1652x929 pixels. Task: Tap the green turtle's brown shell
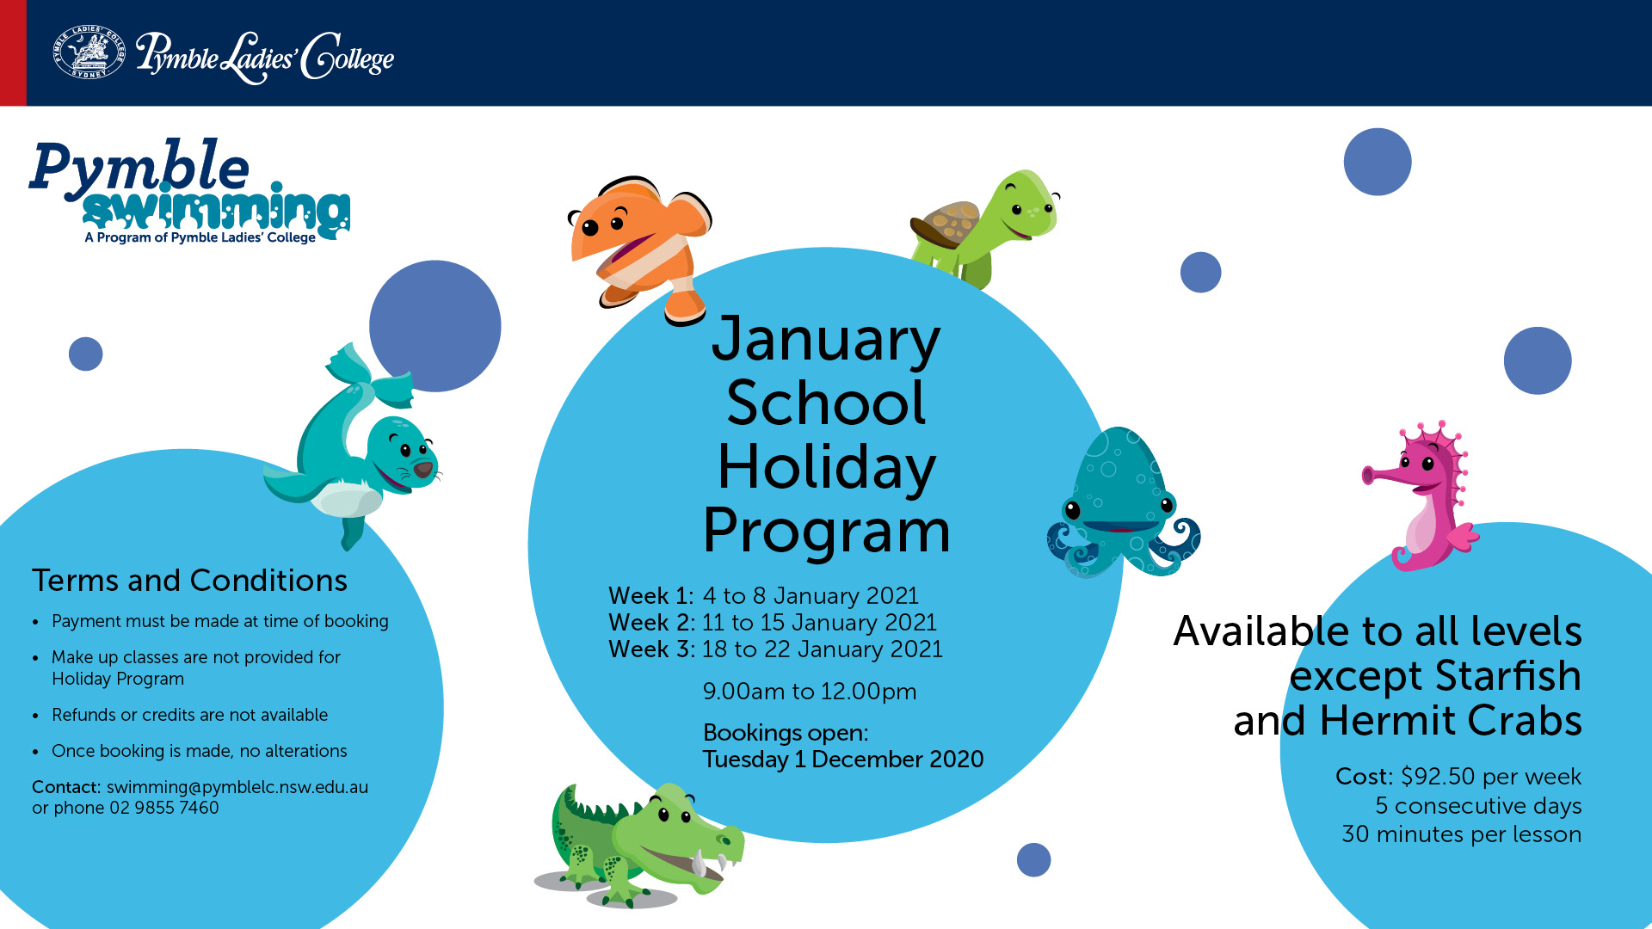(945, 225)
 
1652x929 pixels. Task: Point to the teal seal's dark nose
(423, 469)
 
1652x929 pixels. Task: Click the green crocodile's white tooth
(699, 863)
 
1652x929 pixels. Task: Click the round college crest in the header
(89, 52)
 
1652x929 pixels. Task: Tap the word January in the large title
(826, 339)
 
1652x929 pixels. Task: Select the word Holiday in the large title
(826, 467)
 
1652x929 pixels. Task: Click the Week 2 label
(651, 623)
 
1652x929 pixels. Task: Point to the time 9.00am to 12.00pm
(810, 692)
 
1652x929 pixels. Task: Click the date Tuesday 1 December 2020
(843, 760)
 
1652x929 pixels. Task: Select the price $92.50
(1438, 777)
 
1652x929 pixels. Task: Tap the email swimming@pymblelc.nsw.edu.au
(237, 787)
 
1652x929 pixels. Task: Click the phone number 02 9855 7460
(164, 808)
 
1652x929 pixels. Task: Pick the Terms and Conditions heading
(189, 581)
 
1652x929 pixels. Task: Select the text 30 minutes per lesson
(1462, 834)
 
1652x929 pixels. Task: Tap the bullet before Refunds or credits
(35, 717)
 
